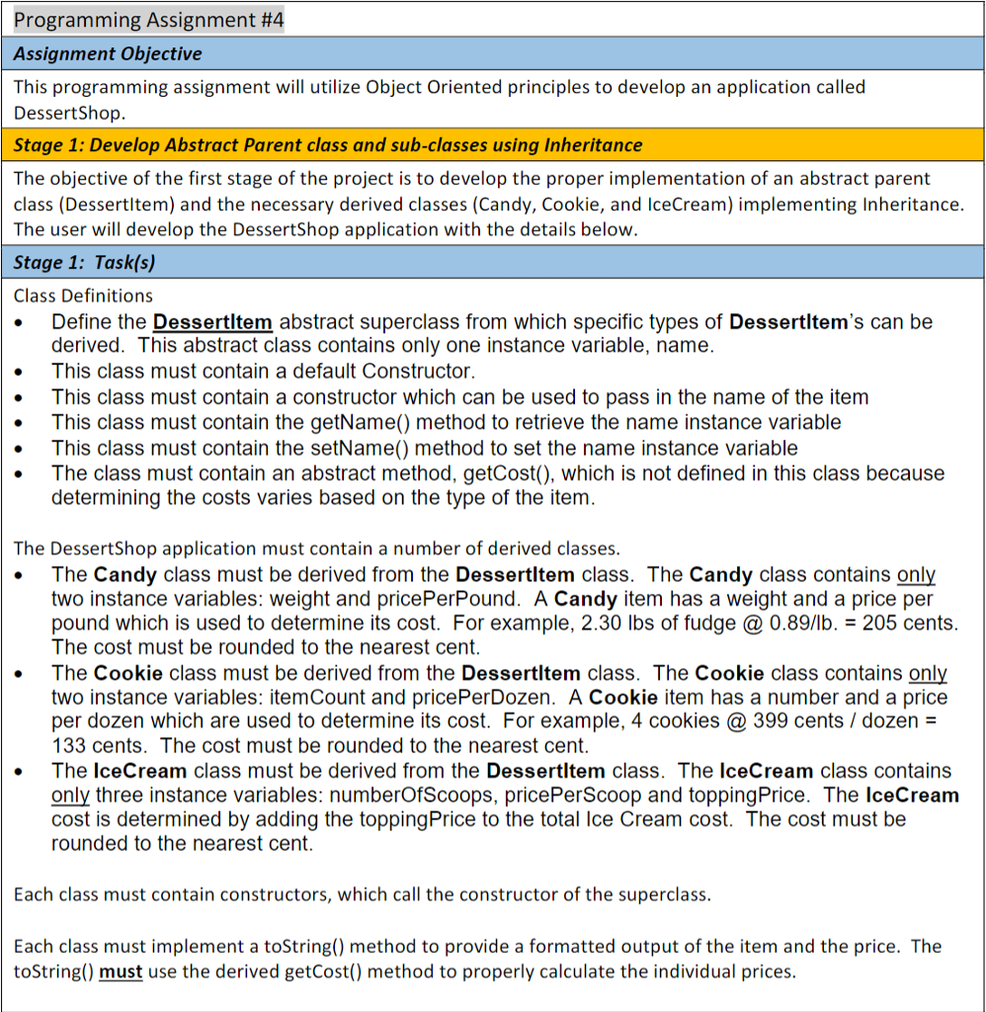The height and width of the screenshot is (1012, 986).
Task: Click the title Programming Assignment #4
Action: (x=149, y=19)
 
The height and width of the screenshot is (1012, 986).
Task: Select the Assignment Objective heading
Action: (x=108, y=53)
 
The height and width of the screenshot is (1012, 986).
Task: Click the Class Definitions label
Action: (x=83, y=295)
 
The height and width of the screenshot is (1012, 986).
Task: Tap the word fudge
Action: (x=706, y=624)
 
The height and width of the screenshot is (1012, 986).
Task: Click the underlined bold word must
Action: (x=121, y=971)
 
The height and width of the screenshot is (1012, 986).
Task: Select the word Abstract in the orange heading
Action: (x=201, y=144)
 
